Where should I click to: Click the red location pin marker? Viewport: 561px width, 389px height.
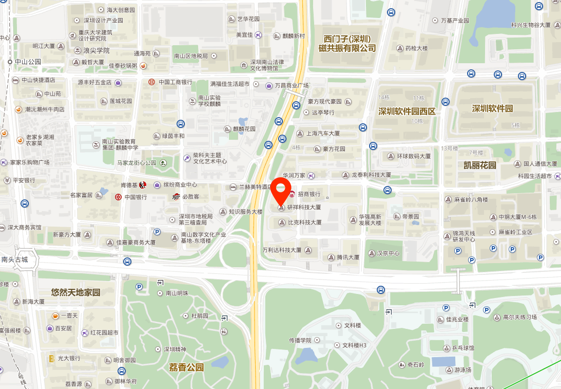[x=281, y=190]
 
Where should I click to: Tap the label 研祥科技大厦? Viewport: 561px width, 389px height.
[x=304, y=208]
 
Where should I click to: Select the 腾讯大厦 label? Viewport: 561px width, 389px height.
[x=348, y=257]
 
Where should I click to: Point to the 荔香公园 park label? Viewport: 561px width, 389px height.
[x=186, y=367]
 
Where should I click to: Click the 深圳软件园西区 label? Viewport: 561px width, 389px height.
[x=407, y=112]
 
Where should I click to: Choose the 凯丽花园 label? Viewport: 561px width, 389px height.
[x=480, y=165]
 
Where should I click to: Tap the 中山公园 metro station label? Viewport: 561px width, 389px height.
[x=28, y=62]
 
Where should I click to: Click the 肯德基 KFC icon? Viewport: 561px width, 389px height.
[x=143, y=185]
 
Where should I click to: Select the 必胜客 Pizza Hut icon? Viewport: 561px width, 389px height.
[x=177, y=196]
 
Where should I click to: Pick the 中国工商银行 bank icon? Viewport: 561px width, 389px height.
[x=151, y=82]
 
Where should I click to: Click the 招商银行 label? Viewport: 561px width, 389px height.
[x=309, y=194]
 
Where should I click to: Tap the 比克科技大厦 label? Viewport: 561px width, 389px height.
[x=304, y=223]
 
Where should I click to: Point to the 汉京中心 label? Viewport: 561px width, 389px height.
[x=388, y=253]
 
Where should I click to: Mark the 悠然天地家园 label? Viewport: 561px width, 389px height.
[x=75, y=292]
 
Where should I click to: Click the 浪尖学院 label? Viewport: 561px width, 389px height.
[x=96, y=50]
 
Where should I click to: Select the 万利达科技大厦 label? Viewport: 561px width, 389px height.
[x=282, y=250]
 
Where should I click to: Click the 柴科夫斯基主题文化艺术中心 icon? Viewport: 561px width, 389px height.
[x=188, y=158]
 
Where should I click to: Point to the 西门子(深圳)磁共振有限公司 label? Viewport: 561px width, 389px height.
[x=347, y=44]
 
